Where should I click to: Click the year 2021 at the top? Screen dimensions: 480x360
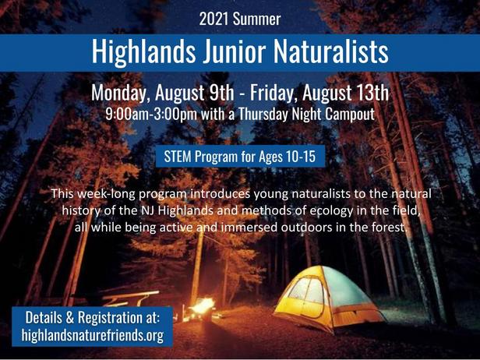214,19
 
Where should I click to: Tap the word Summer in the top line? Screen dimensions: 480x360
256,19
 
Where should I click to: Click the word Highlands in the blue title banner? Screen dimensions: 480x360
143,51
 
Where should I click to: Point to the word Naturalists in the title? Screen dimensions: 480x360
331,51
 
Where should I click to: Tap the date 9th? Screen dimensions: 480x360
221,93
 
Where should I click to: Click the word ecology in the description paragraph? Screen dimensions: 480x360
331,211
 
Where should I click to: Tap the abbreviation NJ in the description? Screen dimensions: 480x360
149,211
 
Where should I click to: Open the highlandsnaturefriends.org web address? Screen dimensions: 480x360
93,335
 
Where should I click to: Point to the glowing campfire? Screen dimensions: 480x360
202,306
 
